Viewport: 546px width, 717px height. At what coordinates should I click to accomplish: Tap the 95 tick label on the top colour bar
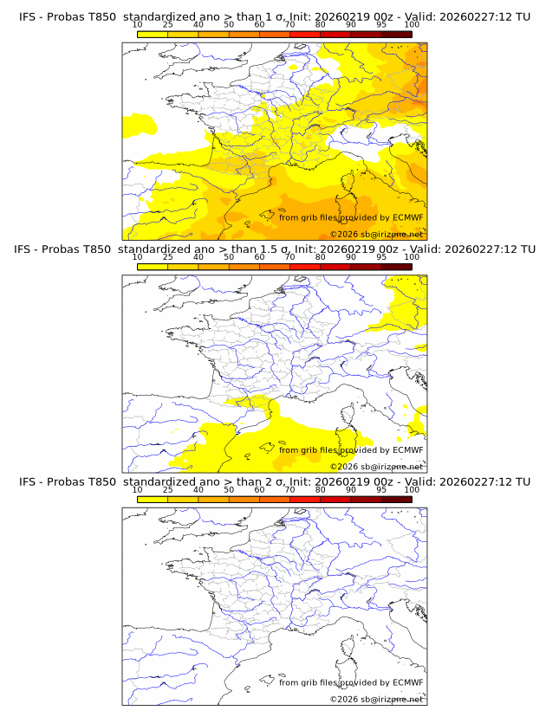click(381, 24)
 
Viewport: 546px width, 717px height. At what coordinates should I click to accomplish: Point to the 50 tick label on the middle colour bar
click(229, 256)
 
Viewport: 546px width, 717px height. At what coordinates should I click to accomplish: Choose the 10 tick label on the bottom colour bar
click(138, 489)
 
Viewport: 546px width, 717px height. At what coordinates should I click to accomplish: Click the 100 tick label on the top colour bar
click(412, 24)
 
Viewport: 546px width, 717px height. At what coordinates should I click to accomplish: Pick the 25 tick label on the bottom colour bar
click(168, 489)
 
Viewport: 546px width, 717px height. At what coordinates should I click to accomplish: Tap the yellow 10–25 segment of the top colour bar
click(153, 34)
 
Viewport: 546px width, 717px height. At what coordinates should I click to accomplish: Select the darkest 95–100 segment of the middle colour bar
click(396, 266)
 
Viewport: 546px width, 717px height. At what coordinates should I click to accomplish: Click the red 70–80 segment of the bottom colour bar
click(335, 499)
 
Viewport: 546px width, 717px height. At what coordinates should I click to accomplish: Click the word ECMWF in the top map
click(408, 217)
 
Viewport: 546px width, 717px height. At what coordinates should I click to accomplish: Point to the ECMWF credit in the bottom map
click(408, 682)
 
